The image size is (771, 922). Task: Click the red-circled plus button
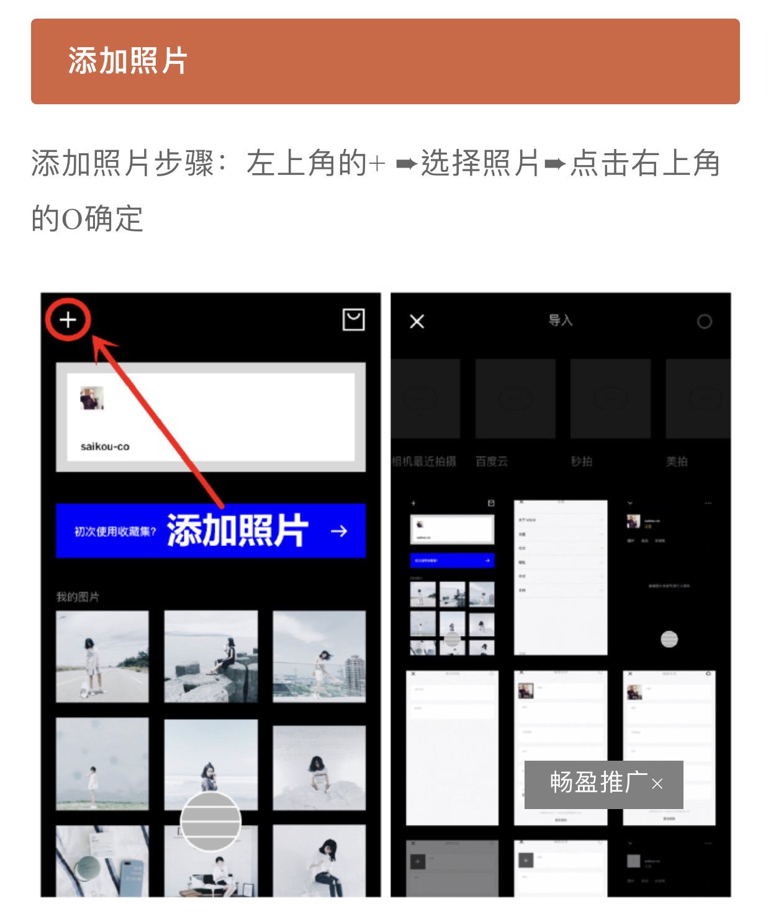(x=68, y=320)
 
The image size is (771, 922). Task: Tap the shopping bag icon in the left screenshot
(x=353, y=320)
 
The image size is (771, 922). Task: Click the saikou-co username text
(x=105, y=446)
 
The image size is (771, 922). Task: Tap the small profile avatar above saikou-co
(x=91, y=398)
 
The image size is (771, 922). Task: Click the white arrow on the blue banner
(x=339, y=531)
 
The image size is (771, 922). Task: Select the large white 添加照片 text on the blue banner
(x=238, y=530)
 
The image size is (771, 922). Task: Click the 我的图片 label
(x=78, y=597)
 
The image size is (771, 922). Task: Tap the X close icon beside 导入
(x=417, y=321)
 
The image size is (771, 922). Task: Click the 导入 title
(x=560, y=320)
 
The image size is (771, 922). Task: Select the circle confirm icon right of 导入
(x=704, y=321)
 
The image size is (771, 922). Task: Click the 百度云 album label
(x=492, y=462)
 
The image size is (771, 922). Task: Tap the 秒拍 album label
(x=582, y=462)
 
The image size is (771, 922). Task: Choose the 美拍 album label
(x=677, y=462)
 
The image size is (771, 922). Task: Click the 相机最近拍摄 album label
(x=424, y=462)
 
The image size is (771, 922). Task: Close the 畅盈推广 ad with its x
(x=657, y=784)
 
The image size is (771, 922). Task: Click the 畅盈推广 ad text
(x=598, y=783)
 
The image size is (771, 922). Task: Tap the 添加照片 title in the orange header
(x=128, y=61)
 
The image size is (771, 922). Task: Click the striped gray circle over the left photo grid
(x=210, y=821)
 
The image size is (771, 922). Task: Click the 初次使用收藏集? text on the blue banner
(x=115, y=532)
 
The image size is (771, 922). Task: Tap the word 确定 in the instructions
(x=114, y=219)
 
